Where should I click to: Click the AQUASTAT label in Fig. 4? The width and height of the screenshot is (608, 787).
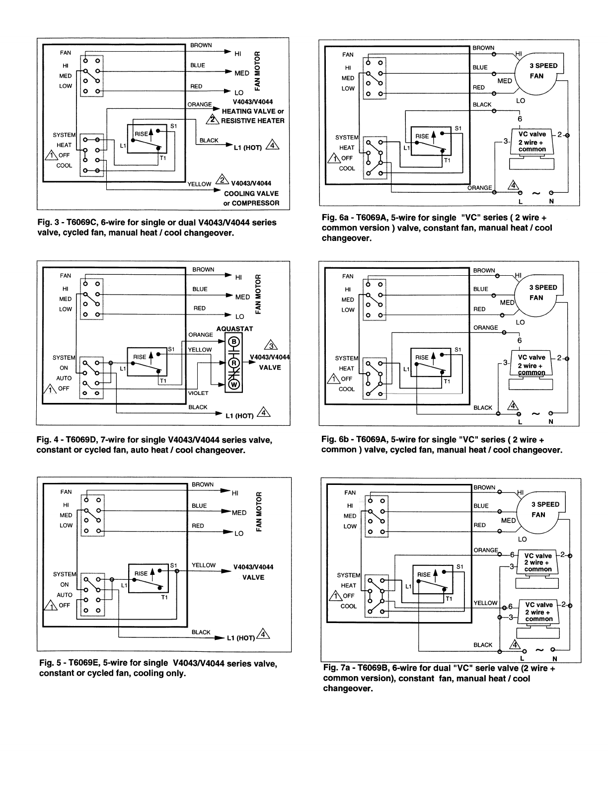235,329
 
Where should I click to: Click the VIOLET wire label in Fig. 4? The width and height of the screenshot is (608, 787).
198,393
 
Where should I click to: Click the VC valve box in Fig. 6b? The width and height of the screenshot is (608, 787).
532,365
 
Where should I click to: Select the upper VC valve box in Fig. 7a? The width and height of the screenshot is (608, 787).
538,562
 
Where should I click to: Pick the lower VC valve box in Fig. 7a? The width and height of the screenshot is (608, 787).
538,612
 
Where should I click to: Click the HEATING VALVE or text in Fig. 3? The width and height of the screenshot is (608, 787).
253,111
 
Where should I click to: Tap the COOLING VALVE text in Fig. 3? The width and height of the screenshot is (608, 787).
251,193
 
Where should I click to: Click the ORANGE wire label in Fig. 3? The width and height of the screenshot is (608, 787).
200,105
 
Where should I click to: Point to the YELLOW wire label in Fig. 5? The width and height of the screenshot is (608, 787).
204,565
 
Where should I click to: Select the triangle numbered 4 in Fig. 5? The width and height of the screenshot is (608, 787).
264,634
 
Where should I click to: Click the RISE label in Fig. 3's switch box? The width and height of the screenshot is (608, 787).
142,134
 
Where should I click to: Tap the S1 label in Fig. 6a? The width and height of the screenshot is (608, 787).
458,128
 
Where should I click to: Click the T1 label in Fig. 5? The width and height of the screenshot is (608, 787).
164,598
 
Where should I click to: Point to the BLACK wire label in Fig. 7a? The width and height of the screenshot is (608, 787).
483,645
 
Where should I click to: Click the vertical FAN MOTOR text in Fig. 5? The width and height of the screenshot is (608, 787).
259,512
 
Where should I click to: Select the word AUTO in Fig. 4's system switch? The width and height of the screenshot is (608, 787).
64,378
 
